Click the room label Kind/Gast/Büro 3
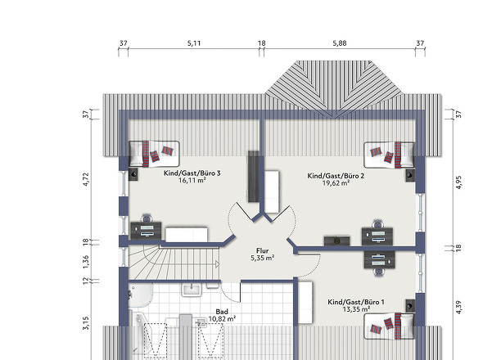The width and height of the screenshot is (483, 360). (x=192, y=173)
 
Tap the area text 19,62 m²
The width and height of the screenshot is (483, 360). (x=336, y=183)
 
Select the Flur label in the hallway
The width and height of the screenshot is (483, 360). (x=262, y=251)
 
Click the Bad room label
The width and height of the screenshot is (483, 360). (x=222, y=312)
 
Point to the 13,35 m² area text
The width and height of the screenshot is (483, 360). (x=356, y=309)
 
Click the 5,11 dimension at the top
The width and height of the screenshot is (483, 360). (x=194, y=43)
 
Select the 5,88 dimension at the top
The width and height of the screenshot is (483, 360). (x=340, y=43)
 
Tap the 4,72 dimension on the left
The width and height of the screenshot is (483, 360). (x=86, y=179)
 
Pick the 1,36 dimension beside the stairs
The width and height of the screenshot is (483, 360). (x=86, y=261)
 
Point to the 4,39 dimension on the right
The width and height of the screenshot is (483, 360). (x=458, y=307)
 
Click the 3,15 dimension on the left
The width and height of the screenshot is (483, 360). (x=86, y=323)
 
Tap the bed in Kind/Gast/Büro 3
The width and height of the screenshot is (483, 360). (x=155, y=155)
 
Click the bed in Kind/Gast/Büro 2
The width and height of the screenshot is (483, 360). (x=389, y=155)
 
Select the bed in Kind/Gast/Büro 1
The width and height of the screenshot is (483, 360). (x=389, y=326)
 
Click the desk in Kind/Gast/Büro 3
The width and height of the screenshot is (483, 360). (x=146, y=231)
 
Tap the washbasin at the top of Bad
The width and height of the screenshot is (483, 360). (x=192, y=290)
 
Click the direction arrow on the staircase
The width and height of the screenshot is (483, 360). (x=217, y=264)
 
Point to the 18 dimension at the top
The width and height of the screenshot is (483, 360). (x=261, y=43)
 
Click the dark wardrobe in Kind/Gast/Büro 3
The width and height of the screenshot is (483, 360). (x=254, y=177)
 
